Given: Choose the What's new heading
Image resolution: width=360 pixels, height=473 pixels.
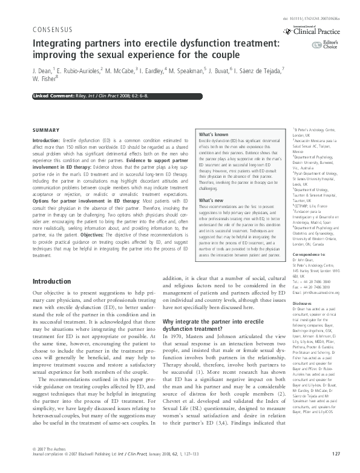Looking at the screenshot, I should pos(211,200).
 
